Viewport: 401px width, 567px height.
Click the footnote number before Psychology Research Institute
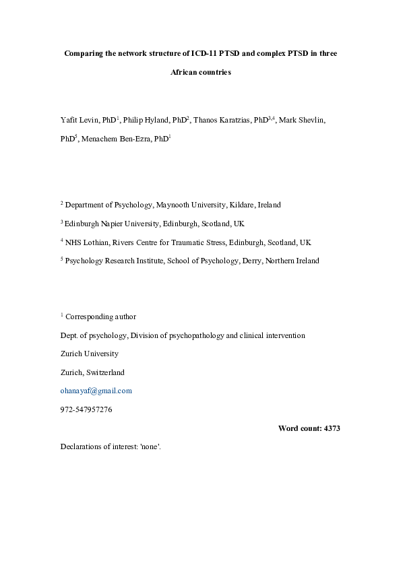coord(62,259)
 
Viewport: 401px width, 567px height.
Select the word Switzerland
coord(104,372)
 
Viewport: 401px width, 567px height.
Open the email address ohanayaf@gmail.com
coord(96,391)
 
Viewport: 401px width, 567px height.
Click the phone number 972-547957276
coord(86,409)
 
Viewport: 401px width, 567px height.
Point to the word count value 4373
coord(330,428)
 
